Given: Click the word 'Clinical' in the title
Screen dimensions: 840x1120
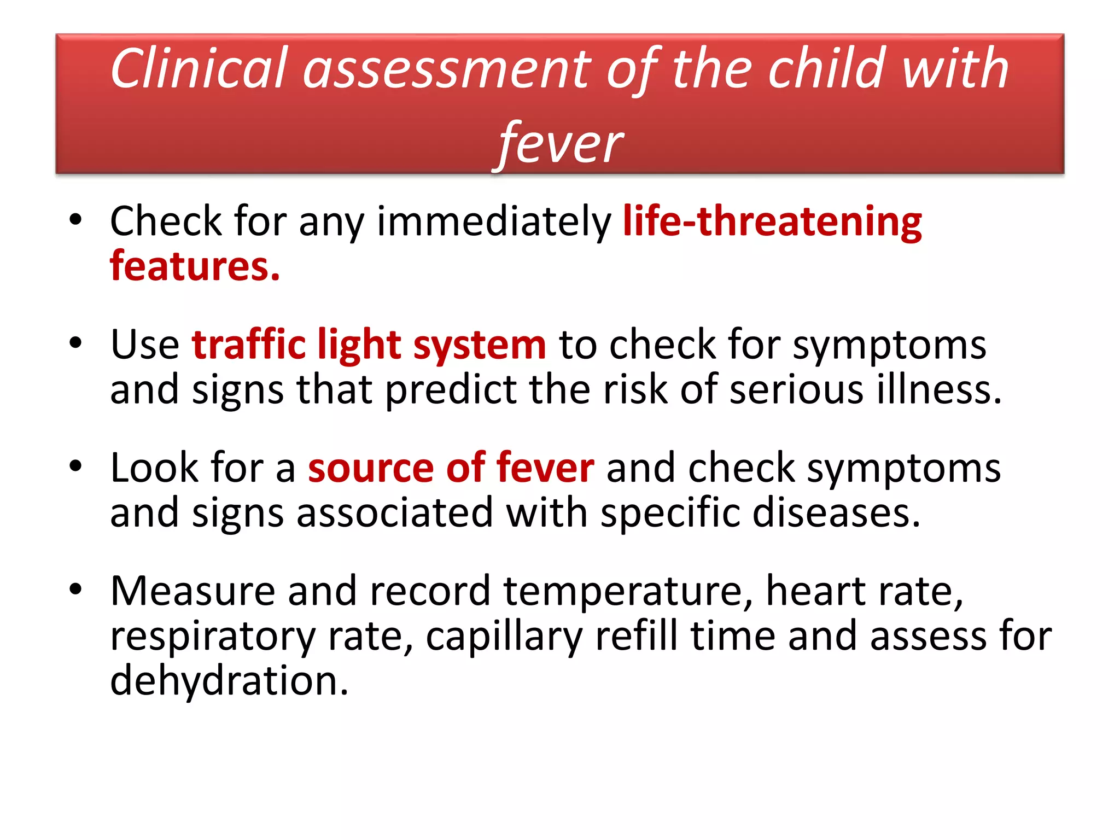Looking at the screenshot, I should pos(199,69).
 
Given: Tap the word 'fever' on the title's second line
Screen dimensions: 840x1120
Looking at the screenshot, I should pos(561,143).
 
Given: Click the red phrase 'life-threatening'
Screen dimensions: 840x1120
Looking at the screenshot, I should pos(772,221).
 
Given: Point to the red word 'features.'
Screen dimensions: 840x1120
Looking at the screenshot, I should pos(195,266).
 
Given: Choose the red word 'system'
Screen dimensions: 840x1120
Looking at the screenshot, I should pos(480,346).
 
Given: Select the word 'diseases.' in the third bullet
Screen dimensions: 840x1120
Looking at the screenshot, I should pos(837,513).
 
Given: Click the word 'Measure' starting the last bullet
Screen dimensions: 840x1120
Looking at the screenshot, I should pos(192,591).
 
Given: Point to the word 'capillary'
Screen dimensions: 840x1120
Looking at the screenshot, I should pos(504,637).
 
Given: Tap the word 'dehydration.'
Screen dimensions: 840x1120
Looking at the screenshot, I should pos(229,681).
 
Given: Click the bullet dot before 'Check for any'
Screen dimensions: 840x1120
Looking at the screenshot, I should pos(75,220).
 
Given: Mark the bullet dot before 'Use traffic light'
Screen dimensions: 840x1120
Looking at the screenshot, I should pos(75,343).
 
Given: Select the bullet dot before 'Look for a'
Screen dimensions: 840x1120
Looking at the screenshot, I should pos(75,466).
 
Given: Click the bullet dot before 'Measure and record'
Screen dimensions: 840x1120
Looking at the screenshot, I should pos(75,589).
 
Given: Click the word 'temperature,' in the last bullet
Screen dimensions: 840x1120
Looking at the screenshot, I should pos(628,591).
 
